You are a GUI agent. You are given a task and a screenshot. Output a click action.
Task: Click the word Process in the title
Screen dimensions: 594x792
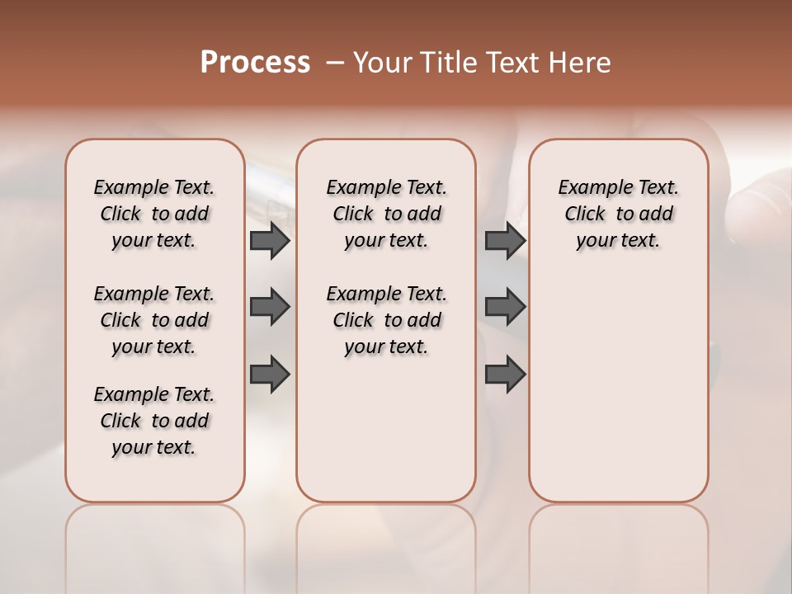click(255, 63)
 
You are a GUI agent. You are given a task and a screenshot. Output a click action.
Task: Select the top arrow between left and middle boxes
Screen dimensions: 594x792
click(270, 241)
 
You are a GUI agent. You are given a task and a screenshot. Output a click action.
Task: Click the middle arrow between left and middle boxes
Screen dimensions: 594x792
click(270, 307)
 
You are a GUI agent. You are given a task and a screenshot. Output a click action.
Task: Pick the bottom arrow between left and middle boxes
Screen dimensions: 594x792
click(270, 374)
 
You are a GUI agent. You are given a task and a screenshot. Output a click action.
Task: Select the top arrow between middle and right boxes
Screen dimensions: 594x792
click(505, 241)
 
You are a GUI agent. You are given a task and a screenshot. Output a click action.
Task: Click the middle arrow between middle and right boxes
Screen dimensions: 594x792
click(505, 307)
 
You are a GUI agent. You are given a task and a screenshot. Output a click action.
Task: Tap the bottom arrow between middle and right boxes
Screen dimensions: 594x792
click(505, 374)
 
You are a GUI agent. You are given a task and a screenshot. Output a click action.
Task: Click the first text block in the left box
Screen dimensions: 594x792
click(154, 214)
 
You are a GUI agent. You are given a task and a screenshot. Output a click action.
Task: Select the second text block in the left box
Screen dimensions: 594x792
click(154, 320)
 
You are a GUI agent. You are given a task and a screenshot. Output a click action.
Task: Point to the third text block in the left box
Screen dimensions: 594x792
click(154, 421)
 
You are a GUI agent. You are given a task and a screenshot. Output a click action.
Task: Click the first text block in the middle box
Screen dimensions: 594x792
click(386, 214)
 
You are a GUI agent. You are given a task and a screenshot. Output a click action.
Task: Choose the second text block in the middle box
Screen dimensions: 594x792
click(386, 320)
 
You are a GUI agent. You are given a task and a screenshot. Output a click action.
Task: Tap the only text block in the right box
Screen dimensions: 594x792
click(618, 214)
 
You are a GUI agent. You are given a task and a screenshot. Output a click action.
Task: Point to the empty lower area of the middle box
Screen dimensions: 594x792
click(386, 429)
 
